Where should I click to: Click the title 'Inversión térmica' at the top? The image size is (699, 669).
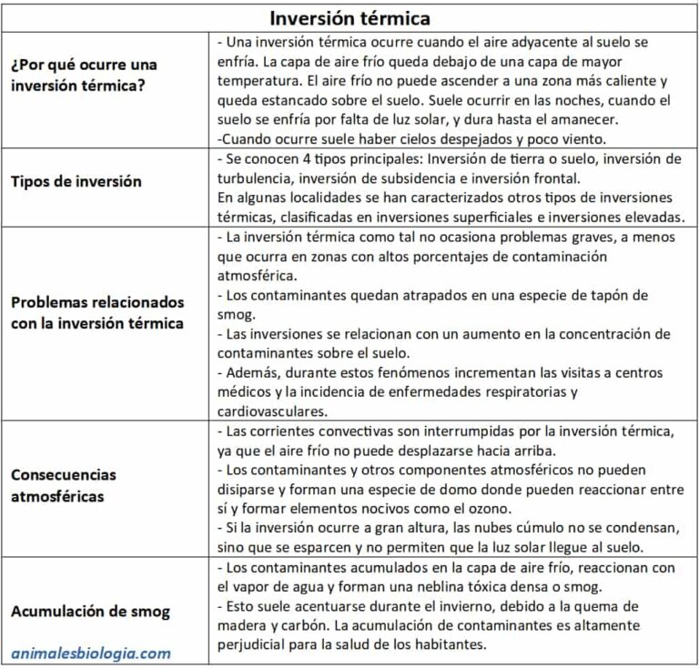tap(349, 17)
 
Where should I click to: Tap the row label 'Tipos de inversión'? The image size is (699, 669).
tap(76, 181)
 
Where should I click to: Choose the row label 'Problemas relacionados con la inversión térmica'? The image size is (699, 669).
tap(97, 312)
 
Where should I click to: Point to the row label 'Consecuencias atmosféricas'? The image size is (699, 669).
tap(64, 486)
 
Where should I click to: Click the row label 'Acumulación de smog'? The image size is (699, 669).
tap(90, 612)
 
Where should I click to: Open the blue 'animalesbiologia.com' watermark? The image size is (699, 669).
tap(91, 653)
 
